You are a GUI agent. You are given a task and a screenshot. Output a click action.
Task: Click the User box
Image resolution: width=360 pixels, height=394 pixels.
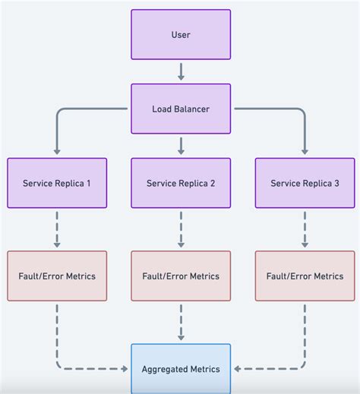tap(181, 35)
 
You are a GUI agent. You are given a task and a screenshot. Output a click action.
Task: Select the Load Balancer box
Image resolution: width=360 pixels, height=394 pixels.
tap(181, 109)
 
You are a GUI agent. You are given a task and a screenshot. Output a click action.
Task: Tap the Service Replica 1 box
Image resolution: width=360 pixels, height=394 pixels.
tap(57, 183)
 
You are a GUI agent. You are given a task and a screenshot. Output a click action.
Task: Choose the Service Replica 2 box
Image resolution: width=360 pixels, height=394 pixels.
tap(181, 183)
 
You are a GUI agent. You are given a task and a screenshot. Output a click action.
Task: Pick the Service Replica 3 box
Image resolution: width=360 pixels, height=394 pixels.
tap(304, 183)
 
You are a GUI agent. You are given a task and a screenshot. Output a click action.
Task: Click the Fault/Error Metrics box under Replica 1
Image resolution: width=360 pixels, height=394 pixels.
tap(57, 276)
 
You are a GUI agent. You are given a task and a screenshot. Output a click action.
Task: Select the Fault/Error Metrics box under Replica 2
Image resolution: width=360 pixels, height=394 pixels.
tap(181, 276)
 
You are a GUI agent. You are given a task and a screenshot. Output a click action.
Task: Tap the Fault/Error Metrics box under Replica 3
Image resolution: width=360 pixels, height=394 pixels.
tap(304, 276)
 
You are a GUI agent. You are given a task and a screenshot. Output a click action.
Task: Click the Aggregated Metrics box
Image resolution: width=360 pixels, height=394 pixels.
tap(181, 369)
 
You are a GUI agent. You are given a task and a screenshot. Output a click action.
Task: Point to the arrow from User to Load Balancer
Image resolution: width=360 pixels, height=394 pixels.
tap(181, 71)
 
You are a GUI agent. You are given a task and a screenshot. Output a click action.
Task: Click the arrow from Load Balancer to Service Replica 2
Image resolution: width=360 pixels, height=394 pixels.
tap(181, 146)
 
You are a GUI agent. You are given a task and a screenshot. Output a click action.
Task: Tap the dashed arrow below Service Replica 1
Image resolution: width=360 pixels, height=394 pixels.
tap(57, 229)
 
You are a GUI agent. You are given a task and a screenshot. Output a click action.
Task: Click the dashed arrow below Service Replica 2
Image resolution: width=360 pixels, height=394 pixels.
tap(181, 229)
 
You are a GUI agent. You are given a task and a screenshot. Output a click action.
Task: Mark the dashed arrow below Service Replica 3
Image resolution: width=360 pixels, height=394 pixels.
tap(304, 229)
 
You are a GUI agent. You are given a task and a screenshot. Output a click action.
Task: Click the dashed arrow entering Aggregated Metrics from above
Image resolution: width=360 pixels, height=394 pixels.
tap(181, 322)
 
